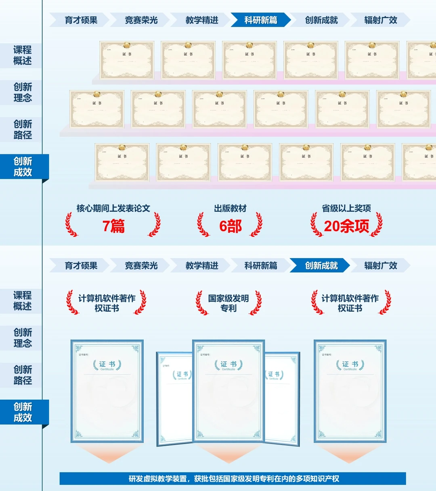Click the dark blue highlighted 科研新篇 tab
click(260, 20)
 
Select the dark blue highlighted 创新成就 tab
click(321, 266)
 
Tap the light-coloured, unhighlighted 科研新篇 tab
click(260, 266)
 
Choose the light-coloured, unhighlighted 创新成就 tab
click(321, 20)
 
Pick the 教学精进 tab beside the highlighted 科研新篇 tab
click(201, 20)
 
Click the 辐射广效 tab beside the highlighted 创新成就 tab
click(380, 266)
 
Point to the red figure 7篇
click(113, 226)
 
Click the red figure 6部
click(230, 226)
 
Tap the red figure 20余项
click(346, 226)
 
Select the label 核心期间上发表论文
click(113, 208)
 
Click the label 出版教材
click(230, 208)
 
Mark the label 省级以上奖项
click(346, 208)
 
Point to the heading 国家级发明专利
click(228, 303)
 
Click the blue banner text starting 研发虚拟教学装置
click(233, 478)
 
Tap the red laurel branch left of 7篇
click(71, 225)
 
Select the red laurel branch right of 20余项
click(377, 225)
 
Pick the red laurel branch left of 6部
click(203, 225)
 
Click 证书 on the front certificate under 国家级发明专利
click(228, 364)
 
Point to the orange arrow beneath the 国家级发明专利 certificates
click(228, 454)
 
